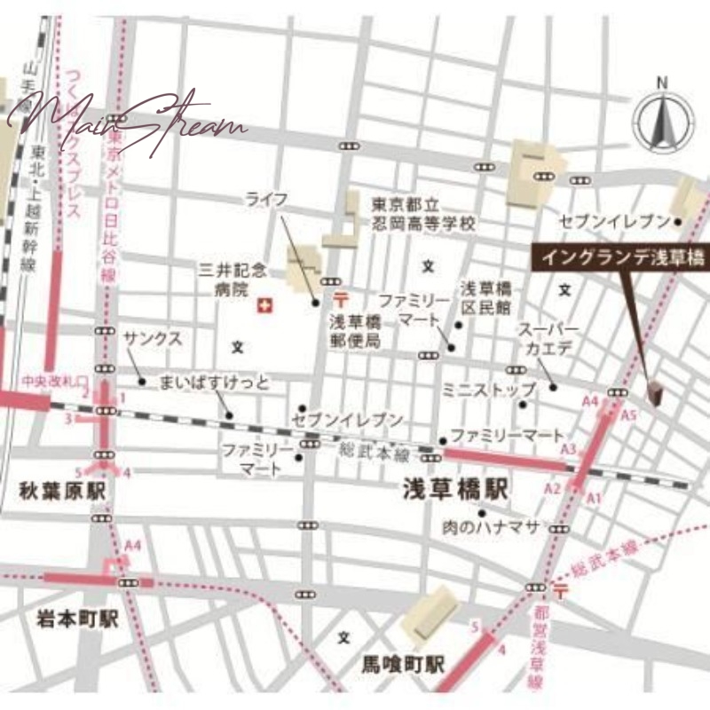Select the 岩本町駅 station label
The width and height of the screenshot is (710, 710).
(64, 619)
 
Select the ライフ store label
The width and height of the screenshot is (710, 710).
(267, 200)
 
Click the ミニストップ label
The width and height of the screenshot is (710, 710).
(489, 390)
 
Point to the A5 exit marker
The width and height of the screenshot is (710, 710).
(629, 414)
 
